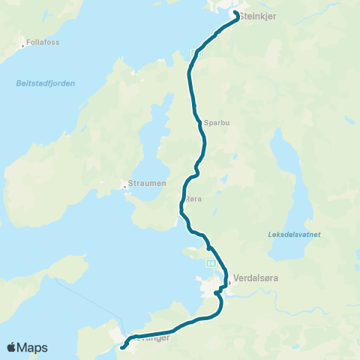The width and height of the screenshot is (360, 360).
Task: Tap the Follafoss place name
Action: [41, 43]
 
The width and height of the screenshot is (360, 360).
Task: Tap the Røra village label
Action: [193, 199]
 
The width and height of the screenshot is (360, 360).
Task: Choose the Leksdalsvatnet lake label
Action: [293, 235]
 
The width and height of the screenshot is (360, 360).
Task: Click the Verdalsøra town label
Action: [256, 277]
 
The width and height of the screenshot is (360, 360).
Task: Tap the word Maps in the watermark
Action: [34, 347]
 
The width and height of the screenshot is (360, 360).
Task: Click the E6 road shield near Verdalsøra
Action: [211, 262]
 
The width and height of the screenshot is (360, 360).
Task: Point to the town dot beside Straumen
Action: [124, 187]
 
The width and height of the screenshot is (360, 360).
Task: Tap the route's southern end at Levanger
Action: [122, 347]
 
